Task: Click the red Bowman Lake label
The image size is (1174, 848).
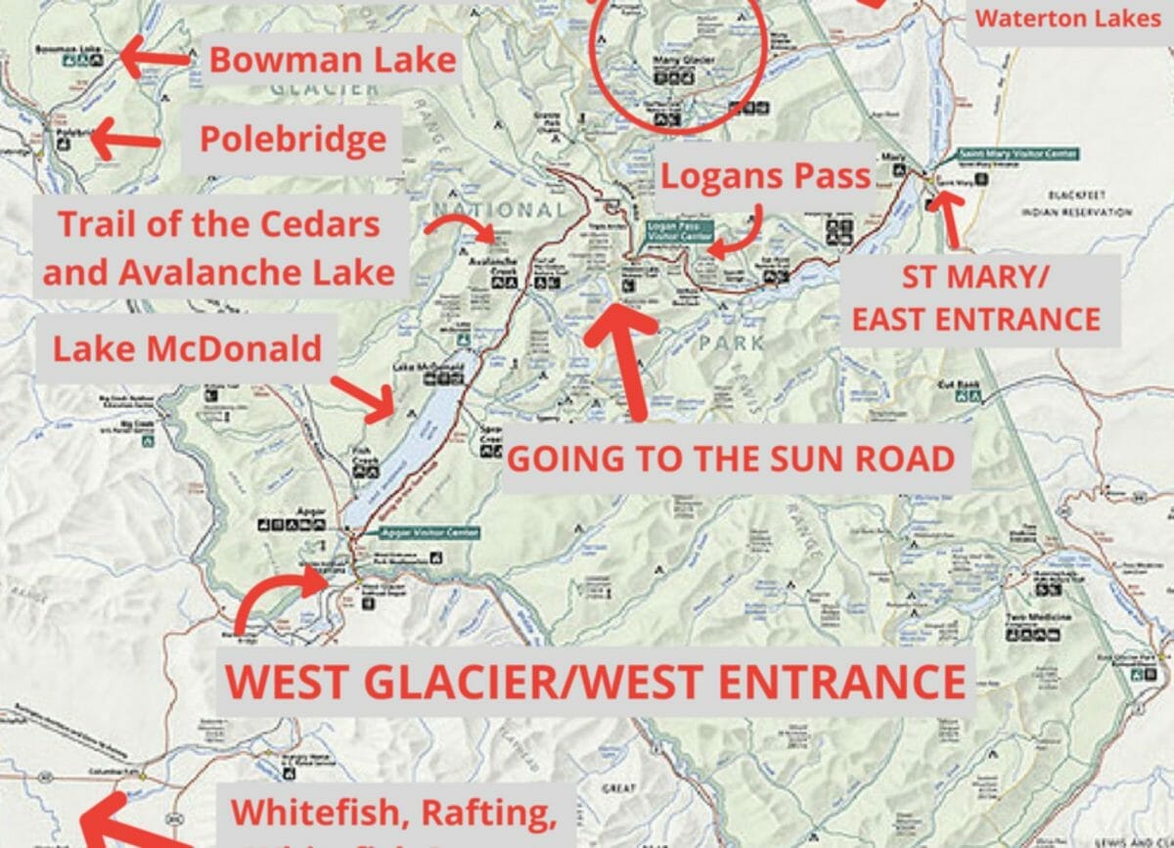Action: tap(333, 60)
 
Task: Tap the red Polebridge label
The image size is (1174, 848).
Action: tap(293, 139)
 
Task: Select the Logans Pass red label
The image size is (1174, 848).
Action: tap(765, 176)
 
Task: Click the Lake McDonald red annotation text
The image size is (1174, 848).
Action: tap(187, 347)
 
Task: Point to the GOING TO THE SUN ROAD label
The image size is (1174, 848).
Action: tap(732, 458)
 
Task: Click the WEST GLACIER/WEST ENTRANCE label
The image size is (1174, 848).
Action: tap(595, 682)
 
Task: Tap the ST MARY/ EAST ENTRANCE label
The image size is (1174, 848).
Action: tap(975, 298)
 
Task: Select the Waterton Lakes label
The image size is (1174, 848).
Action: tap(1068, 18)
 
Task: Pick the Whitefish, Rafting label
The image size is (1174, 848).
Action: tap(393, 812)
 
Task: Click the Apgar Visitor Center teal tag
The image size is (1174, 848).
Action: tap(429, 532)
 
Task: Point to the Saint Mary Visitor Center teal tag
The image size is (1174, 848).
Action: tap(1017, 154)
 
